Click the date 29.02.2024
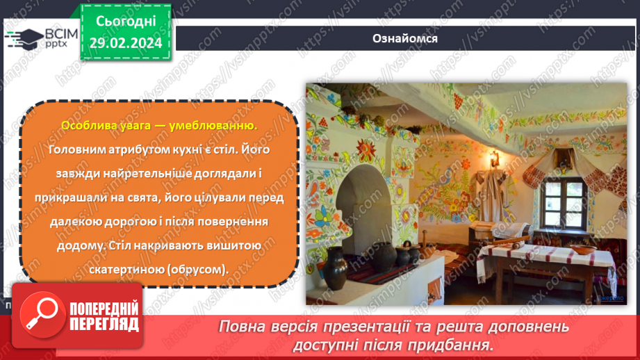click(x=126, y=43)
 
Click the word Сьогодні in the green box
click(x=126, y=23)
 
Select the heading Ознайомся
click(x=404, y=38)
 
